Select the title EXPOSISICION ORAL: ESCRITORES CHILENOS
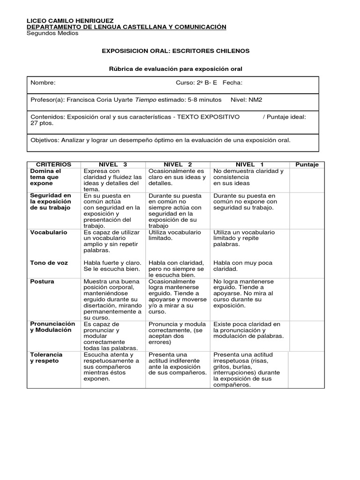(x=176, y=51)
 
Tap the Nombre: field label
(x=43, y=83)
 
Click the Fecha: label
(x=232, y=83)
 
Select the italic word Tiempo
(x=146, y=100)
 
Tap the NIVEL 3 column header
(x=112, y=165)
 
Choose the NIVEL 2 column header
(x=178, y=165)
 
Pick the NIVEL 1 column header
(x=249, y=165)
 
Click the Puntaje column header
(x=307, y=165)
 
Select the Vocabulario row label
(x=49, y=232)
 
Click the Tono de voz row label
(x=49, y=263)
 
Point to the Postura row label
(x=42, y=282)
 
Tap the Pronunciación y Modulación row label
(x=52, y=327)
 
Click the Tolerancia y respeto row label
(x=46, y=358)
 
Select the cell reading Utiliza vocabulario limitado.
(x=174, y=235)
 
